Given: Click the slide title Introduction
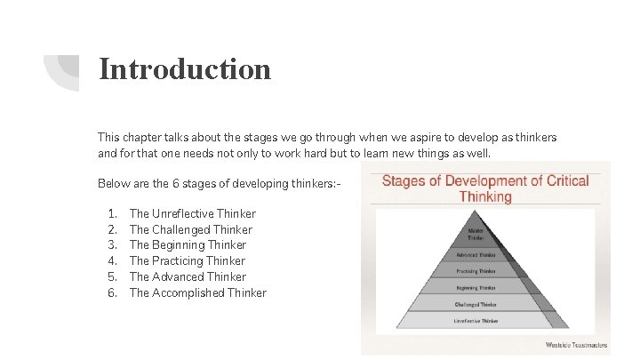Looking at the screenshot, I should (185, 68).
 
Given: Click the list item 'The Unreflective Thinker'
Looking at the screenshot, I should (192, 213).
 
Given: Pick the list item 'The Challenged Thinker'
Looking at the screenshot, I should (190, 229).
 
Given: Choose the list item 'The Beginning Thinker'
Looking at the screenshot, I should (188, 244).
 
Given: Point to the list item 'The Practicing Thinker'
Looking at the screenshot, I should (187, 260).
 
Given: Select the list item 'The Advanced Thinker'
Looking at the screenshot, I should (187, 276).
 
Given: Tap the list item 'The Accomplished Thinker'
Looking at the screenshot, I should (197, 292).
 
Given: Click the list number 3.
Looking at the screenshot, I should (112, 244).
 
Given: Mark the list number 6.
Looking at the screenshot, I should (112, 292).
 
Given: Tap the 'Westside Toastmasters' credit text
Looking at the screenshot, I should (574, 344).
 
